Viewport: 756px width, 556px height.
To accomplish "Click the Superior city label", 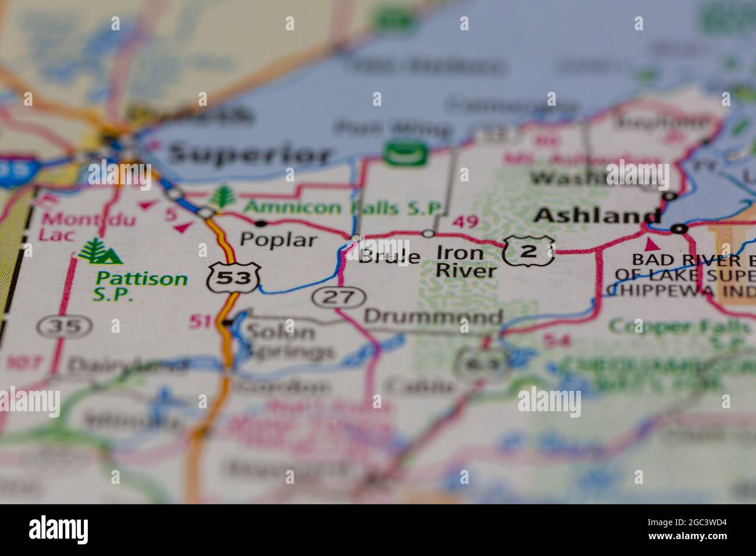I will tap(250, 155).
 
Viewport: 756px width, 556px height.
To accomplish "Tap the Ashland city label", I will tap(597, 216).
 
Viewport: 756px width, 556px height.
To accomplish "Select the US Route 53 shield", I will tap(233, 278).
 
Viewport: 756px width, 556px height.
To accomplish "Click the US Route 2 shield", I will tap(529, 251).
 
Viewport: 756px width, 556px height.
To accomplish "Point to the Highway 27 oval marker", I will tap(339, 297).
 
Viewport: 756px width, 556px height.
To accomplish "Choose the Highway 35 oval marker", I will tap(64, 326).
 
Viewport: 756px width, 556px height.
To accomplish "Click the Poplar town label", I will tap(279, 240).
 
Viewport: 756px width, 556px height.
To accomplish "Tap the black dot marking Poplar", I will tap(261, 223).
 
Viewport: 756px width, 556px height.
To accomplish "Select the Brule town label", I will tap(389, 256).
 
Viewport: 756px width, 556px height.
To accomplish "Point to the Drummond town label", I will tap(433, 317).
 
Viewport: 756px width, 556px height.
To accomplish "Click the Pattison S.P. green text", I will tap(142, 286).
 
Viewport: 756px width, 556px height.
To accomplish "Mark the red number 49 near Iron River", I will tap(465, 221).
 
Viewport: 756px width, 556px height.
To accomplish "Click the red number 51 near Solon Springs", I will tap(201, 320).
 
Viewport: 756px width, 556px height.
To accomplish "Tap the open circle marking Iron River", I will tap(429, 233).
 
